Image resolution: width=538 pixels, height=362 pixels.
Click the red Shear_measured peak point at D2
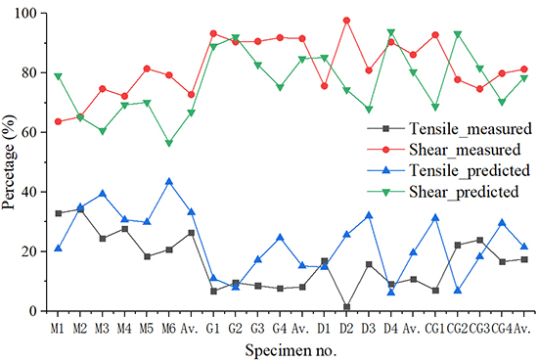346,21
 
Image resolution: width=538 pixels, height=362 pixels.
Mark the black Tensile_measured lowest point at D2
346,307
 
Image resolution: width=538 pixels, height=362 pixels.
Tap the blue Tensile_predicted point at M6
168,181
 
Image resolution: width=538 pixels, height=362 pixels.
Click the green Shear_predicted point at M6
168,143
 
